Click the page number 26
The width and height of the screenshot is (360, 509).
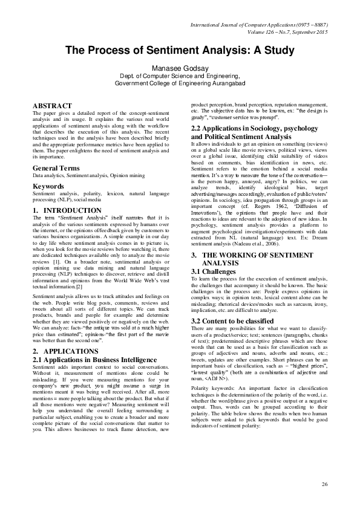[x=324, y=484]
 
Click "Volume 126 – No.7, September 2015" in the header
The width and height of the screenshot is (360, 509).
[x=284, y=32]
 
